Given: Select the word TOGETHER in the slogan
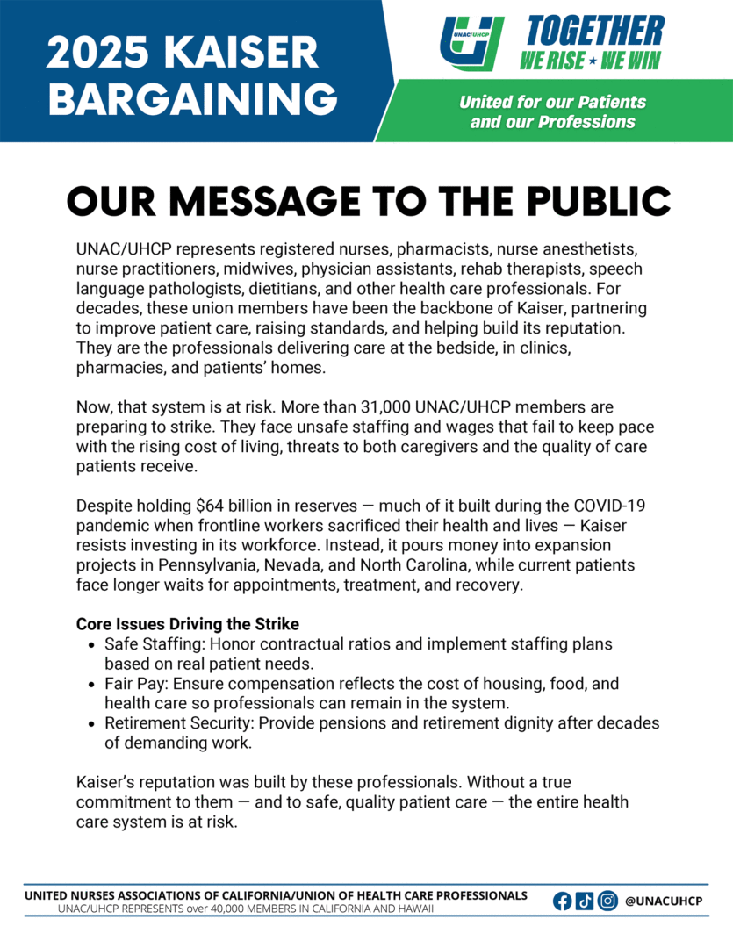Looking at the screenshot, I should point(595,32).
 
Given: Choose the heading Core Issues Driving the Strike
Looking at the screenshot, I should point(187,625).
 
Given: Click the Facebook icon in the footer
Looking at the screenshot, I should point(563,901).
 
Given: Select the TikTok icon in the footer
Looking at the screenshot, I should point(585,901).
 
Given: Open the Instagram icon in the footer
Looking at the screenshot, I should point(607,901).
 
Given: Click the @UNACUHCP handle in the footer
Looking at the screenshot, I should point(665,901).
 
